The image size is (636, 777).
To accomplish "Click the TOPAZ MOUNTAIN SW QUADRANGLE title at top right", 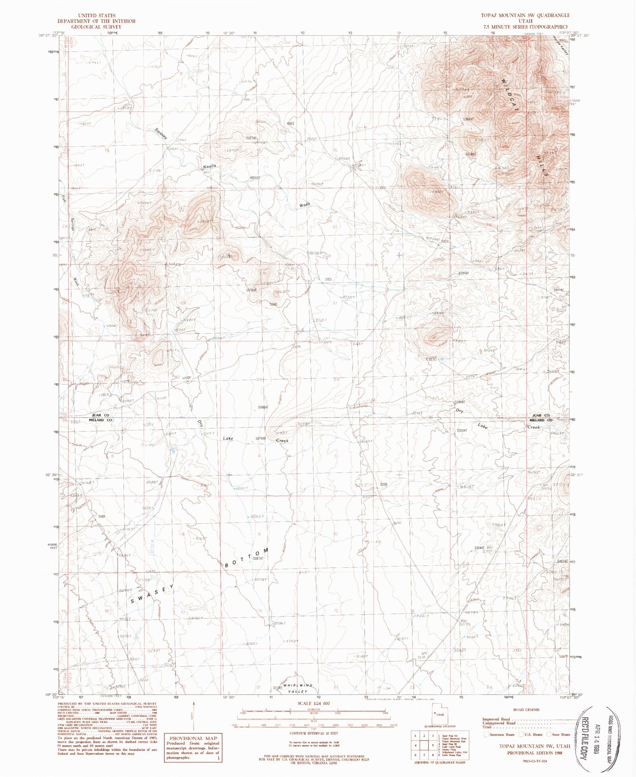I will (x=525, y=15).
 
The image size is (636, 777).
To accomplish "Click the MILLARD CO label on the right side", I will (x=541, y=420).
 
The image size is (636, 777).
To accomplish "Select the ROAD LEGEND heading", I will (x=526, y=709).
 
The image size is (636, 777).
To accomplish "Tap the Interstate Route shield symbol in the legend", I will (x=486, y=734).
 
